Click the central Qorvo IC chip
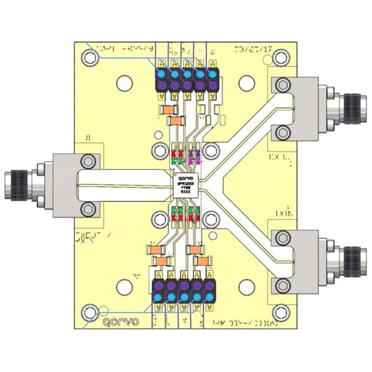coord(187,184)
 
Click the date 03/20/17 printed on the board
coord(251,50)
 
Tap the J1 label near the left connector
coord(87,138)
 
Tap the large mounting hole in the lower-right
coord(247,288)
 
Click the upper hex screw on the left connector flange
coord(89,162)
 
